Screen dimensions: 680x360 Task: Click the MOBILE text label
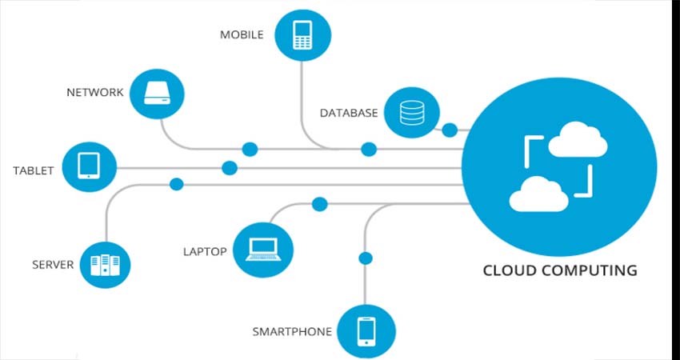click(242, 34)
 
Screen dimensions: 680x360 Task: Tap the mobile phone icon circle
click(302, 35)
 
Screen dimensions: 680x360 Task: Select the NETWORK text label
click(95, 92)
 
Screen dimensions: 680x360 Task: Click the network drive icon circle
click(157, 94)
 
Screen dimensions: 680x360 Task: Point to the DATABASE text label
click(349, 114)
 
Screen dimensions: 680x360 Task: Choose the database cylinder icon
click(411, 112)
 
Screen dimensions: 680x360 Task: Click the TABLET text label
click(34, 170)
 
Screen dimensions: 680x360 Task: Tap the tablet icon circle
click(89, 167)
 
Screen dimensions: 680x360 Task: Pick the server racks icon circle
click(106, 265)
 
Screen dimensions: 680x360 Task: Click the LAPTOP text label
click(205, 251)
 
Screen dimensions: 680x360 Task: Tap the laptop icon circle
click(263, 250)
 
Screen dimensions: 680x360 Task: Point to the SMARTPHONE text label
click(292, 332)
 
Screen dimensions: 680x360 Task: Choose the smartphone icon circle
click(366, 331)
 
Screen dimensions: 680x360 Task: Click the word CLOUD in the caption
click(510, 270)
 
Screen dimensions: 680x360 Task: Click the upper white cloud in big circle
click(578, 139)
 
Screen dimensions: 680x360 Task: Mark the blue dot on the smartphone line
click(366, 258)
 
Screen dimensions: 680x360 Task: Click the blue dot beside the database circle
click(450, 130)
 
